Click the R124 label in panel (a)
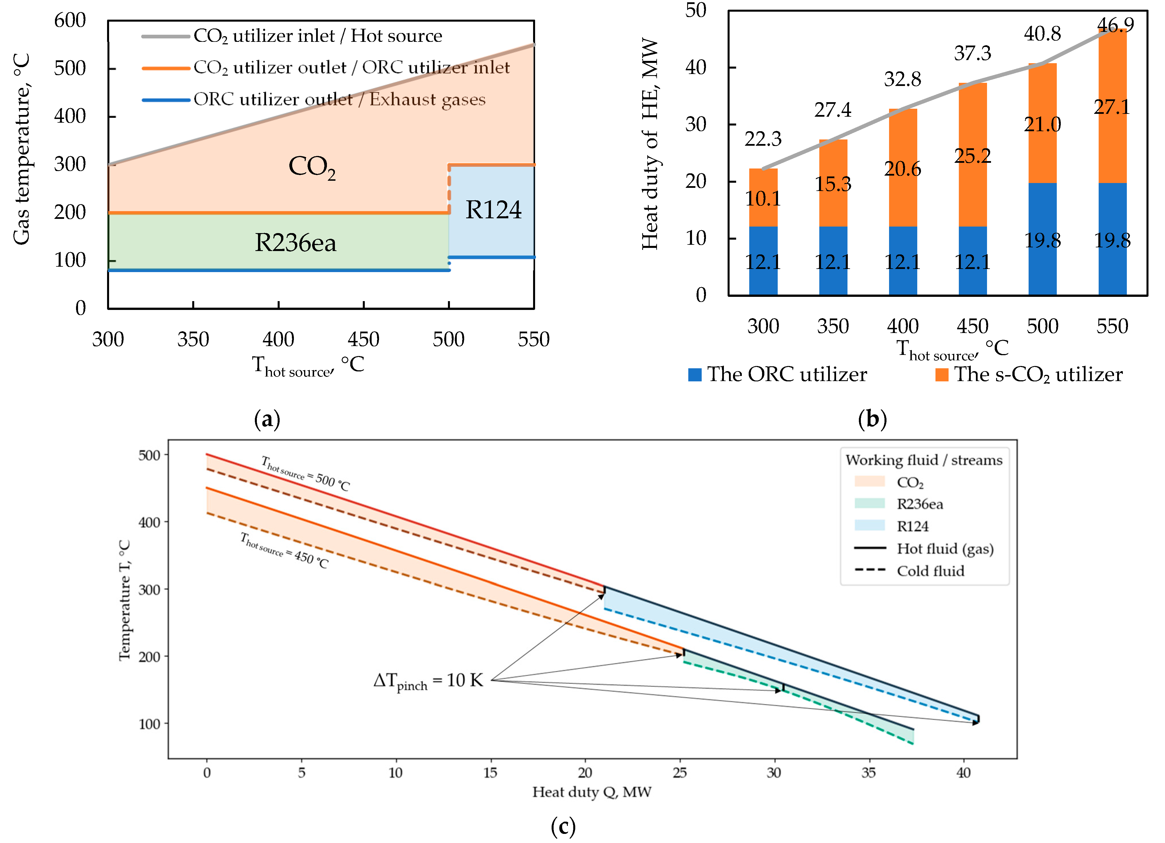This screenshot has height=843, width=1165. pos(493,210)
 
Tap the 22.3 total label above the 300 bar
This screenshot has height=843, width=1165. pos(763,139)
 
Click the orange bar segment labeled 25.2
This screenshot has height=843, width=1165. pos(972,156)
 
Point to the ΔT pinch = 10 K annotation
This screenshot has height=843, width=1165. pos(428,681)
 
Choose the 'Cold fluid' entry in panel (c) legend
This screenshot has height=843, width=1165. pos(930,571)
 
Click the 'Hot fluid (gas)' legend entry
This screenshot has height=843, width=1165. pos(944,549)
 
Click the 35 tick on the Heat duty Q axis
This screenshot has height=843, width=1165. pos(868,773)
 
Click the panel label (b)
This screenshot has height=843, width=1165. pos(872,420)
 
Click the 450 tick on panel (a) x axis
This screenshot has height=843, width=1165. pos(363,339)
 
